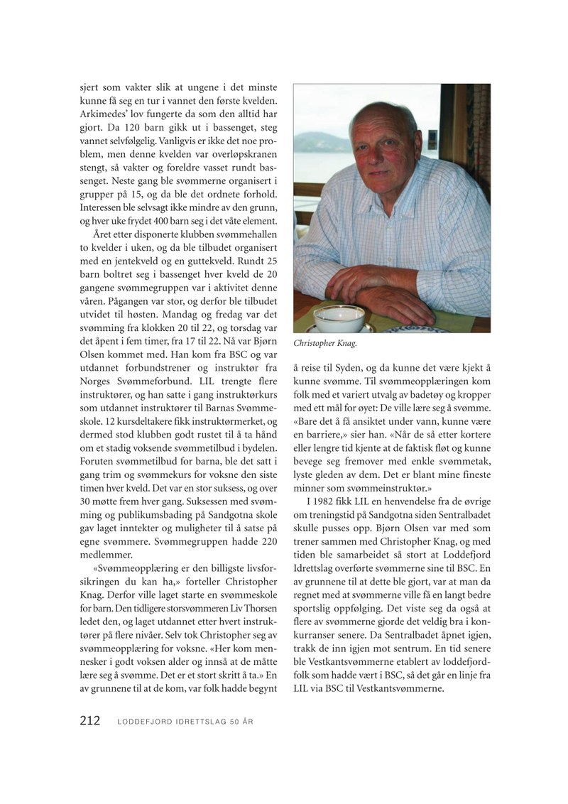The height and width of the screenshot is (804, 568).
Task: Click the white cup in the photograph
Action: (339, 318)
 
